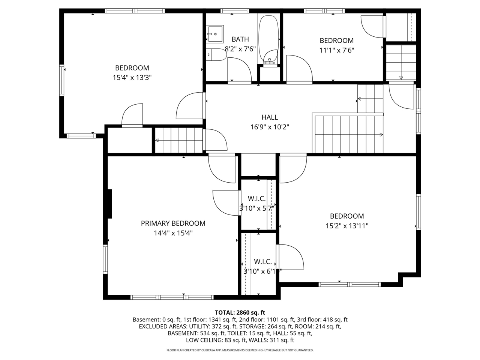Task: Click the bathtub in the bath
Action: [268, 37]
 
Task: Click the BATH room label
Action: [240, 39]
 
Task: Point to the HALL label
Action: [270, 117]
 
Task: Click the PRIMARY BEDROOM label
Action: [173, 223]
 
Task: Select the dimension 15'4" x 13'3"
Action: [132, 78]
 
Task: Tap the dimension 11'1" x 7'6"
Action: [336, 50]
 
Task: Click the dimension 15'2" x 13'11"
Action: [347, 226]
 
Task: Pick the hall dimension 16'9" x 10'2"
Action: [270, 127]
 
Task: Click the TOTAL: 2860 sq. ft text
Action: [240, 312]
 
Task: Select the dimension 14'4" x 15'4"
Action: [173, 233]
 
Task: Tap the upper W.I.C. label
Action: [256, 199]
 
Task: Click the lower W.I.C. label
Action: [262, 262]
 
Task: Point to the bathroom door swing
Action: [240, 69]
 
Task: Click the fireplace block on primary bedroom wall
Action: [109, 204]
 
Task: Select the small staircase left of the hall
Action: [179, 140]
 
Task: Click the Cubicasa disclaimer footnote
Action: [240, 350]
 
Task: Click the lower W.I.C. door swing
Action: [291, 256]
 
